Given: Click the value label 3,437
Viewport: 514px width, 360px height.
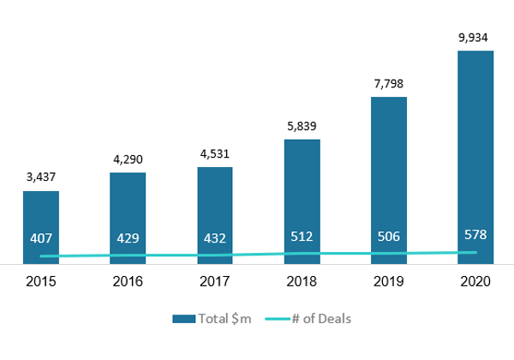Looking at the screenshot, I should click(40, 178).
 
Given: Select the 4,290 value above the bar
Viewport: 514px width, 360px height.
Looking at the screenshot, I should click(128, 159).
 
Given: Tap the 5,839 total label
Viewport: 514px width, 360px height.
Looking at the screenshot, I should click(302, 126).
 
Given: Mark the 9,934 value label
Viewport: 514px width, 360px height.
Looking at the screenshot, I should click(475, 38).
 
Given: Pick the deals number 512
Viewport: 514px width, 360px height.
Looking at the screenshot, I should click(302, 236).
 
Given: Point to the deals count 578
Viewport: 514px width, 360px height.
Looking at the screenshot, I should click(475, 234).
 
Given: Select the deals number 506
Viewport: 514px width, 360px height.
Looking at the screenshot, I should click(388, 236).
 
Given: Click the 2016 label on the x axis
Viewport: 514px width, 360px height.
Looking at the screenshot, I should click(128, 282).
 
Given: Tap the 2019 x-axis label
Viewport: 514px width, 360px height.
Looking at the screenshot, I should click(388, 282).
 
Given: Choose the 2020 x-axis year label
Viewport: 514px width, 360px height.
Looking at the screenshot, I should click(475, 282).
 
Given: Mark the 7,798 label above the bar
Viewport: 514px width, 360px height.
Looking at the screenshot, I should click(388, 84).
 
